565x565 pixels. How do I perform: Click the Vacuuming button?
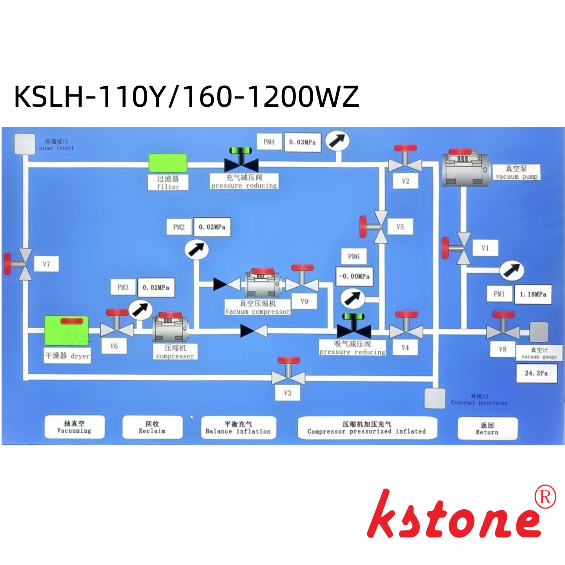click(75, 426)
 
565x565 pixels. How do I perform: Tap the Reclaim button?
click(152, 427)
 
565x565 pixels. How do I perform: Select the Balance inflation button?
click(238, 427)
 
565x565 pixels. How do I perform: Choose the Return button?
click(487, 428)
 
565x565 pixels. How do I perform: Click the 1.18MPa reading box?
click(533, 294)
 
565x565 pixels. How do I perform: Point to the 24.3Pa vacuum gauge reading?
click(536, 373)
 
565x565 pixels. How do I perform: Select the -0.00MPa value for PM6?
click(354, 276)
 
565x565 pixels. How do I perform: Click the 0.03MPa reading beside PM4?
click(302, 142)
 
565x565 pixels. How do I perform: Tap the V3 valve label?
click(288, 393)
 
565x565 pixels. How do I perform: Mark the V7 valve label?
click(47, 264)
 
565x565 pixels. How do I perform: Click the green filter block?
click(168, 163)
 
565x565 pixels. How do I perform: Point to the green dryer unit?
click(66, 331)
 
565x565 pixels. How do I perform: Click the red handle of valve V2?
click(405, 148)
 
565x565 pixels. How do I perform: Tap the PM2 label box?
click(179, 227)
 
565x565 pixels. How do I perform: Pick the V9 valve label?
click(304, 301)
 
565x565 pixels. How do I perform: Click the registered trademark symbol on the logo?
click(545, 497)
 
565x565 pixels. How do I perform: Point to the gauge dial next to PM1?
click(512, 270)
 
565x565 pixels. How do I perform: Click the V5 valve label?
click(400, 227)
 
